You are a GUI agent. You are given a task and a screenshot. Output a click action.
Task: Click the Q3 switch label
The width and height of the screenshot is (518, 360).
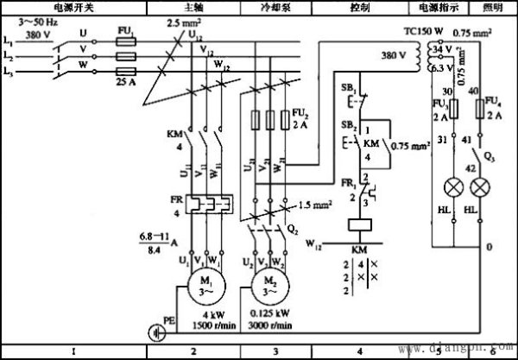[490, 158]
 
